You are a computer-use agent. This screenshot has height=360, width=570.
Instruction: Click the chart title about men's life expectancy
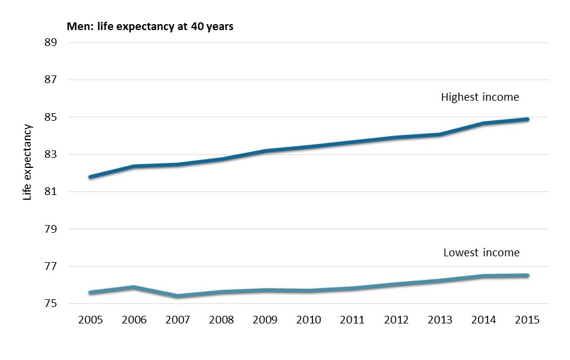click(x=150, y=27)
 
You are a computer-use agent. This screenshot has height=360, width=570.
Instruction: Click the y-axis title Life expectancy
click(x=27, y=163)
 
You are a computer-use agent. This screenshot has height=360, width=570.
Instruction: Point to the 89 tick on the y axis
click(x=50, y=43)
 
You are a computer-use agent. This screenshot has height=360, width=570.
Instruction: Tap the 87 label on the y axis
click(x=50, y=80)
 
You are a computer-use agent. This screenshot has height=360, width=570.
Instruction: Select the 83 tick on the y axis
click(x=50, y=155)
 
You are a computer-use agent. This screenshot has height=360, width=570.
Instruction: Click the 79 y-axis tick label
click(x=50, y=229)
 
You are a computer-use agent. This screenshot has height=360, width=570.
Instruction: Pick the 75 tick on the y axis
click(x=50, y=304)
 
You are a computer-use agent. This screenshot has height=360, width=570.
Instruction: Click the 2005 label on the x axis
click(x=90, y=320)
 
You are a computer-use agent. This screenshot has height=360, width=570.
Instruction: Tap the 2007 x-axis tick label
click(x=177, y=320)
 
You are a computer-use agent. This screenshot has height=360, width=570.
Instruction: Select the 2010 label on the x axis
click(x=308, y=320)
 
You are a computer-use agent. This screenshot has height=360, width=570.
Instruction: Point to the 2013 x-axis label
click(x=440, y=320)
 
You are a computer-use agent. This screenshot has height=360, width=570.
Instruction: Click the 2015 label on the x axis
click(x=527, y=320)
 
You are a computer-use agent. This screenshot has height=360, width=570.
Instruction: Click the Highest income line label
click(x=480, y=97)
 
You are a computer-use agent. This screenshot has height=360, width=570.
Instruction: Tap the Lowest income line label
click(x=481, y=253)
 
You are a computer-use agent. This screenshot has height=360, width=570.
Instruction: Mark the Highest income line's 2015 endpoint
click(x=527, y=119)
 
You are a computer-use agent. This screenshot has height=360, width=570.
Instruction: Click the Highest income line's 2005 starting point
click(x=90, y=177)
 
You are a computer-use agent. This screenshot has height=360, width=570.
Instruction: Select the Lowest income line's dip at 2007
click(x=177, y=296)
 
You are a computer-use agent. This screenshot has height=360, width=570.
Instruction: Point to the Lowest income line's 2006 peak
click(x=134, y=287)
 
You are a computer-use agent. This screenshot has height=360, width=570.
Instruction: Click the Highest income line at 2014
click(x=483, y=123)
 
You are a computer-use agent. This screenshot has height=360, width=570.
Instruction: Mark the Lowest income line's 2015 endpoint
click(x=527, y=275)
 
